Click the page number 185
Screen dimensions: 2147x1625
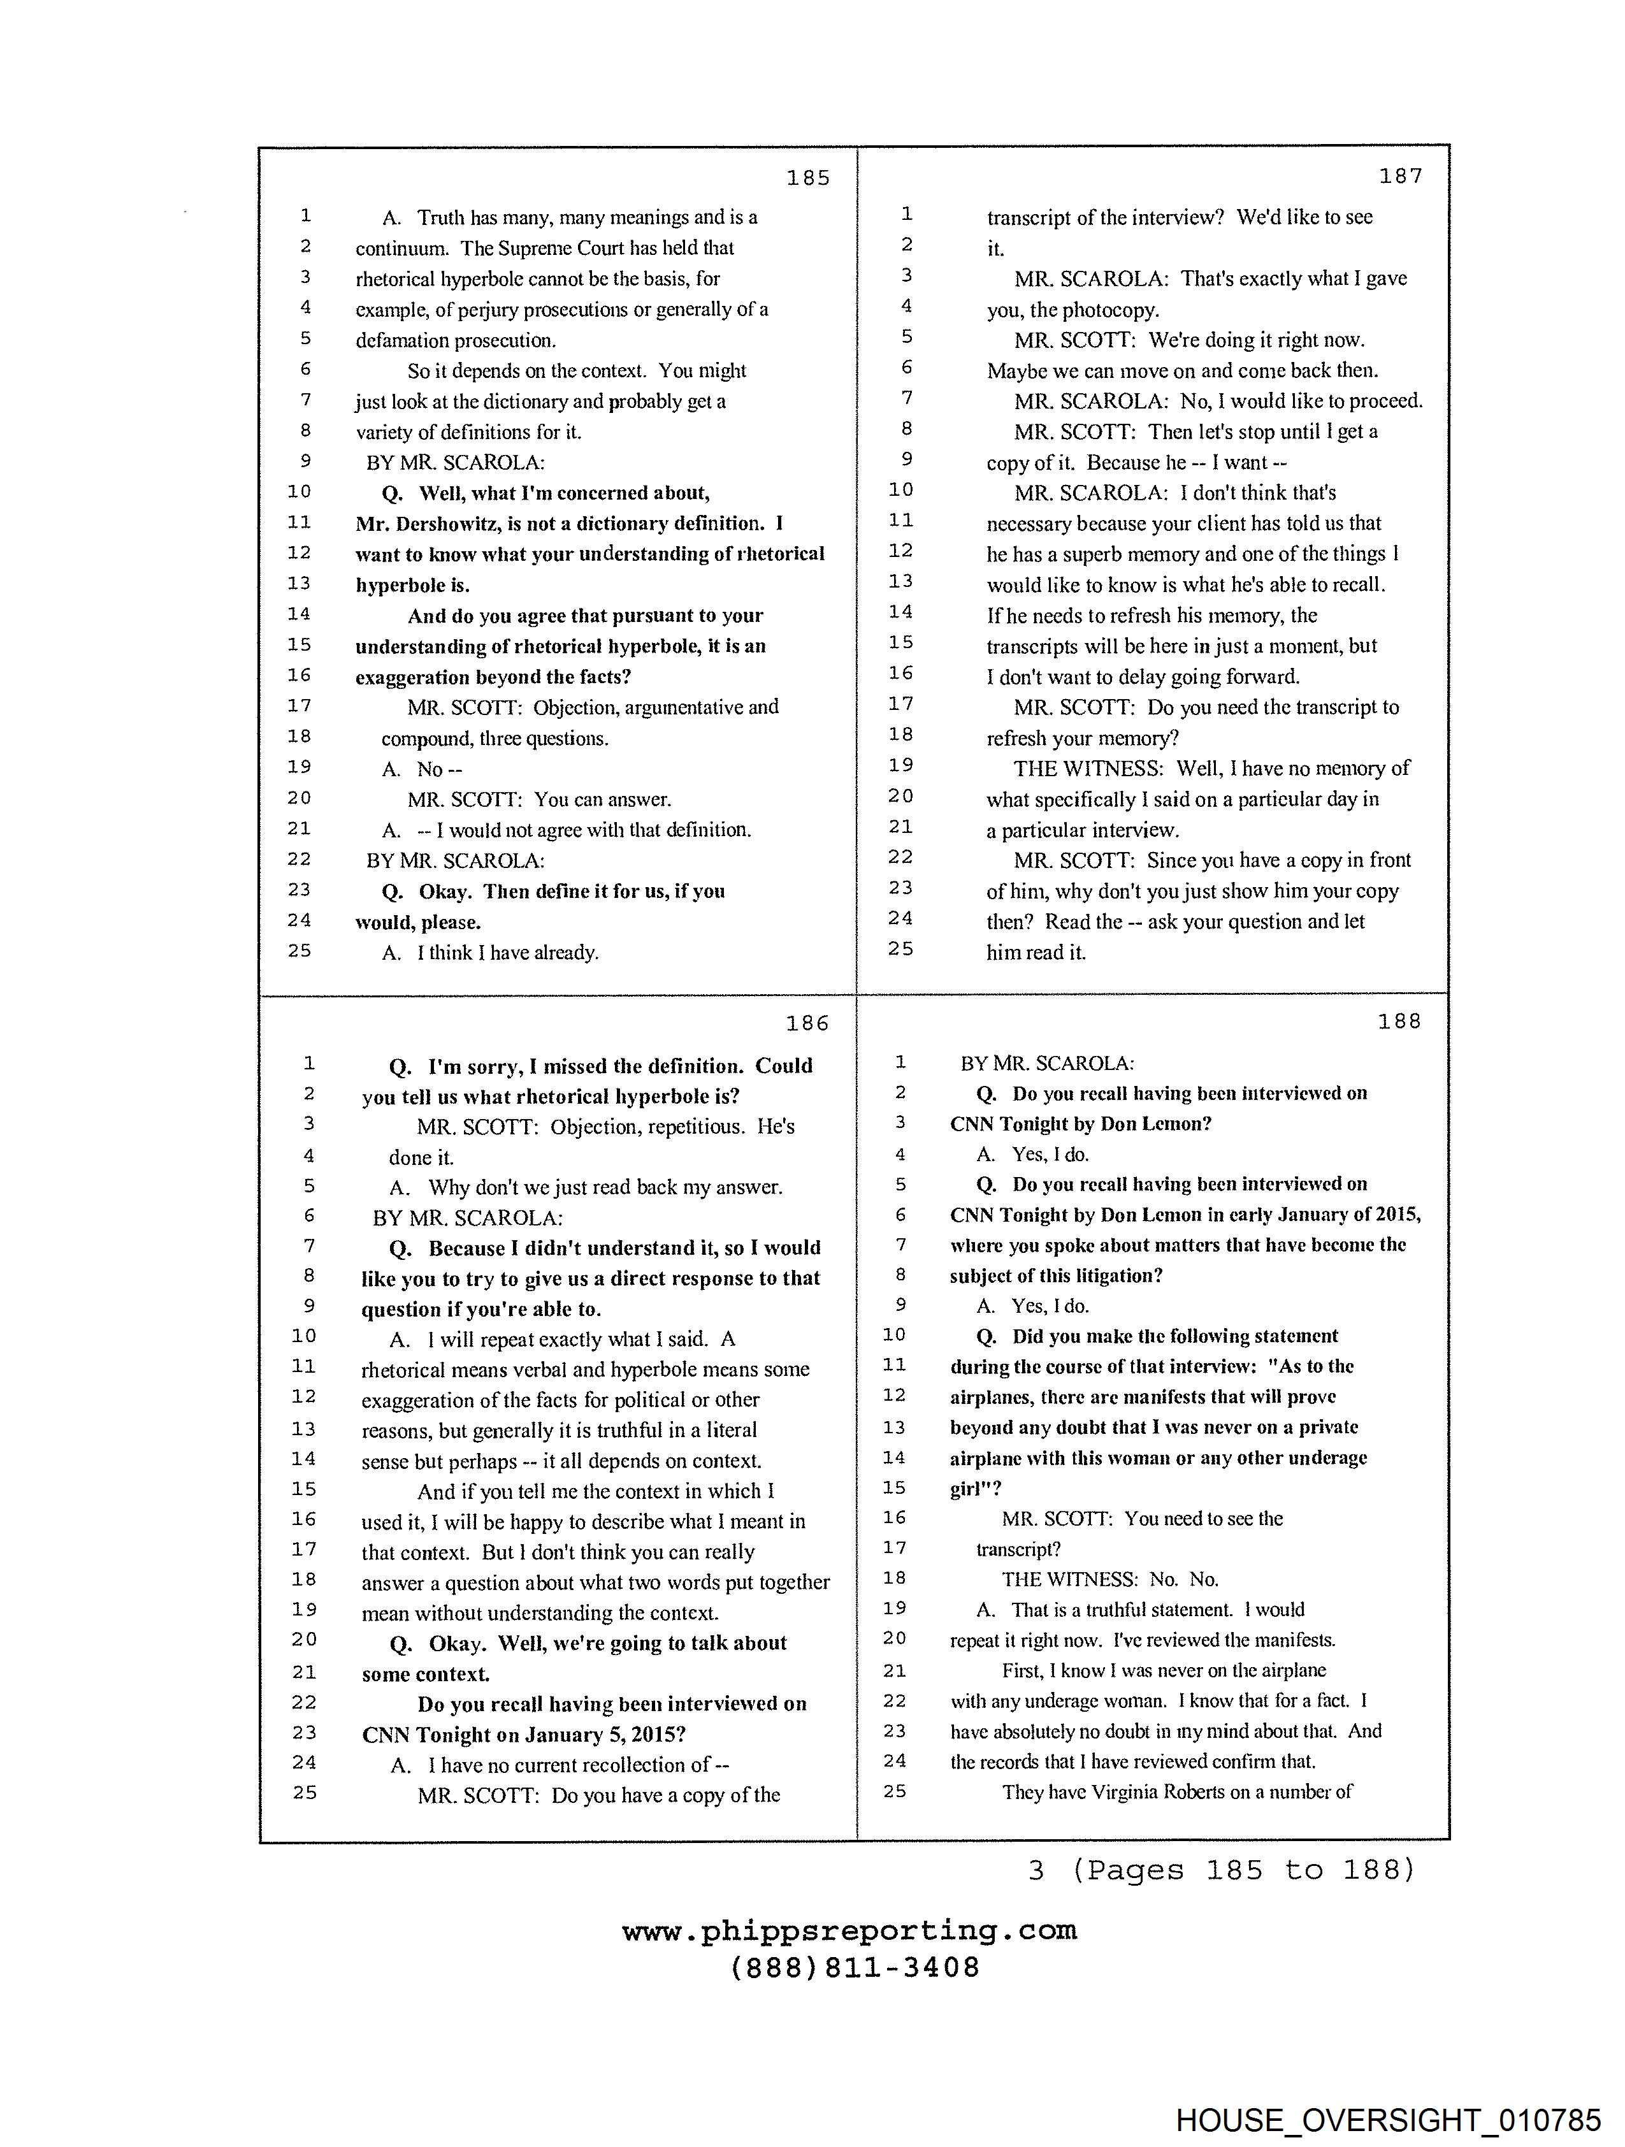point(807,178)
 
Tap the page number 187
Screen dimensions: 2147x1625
point(1401,176)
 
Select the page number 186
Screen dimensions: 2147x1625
point(807,1023)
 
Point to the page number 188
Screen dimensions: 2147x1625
point(1399,1021)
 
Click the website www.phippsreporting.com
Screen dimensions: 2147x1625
point(849,1930)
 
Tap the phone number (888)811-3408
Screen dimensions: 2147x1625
point(855,1967)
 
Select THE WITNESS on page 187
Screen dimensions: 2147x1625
point(1088,769)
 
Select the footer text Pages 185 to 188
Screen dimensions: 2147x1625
point(1243,1869)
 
